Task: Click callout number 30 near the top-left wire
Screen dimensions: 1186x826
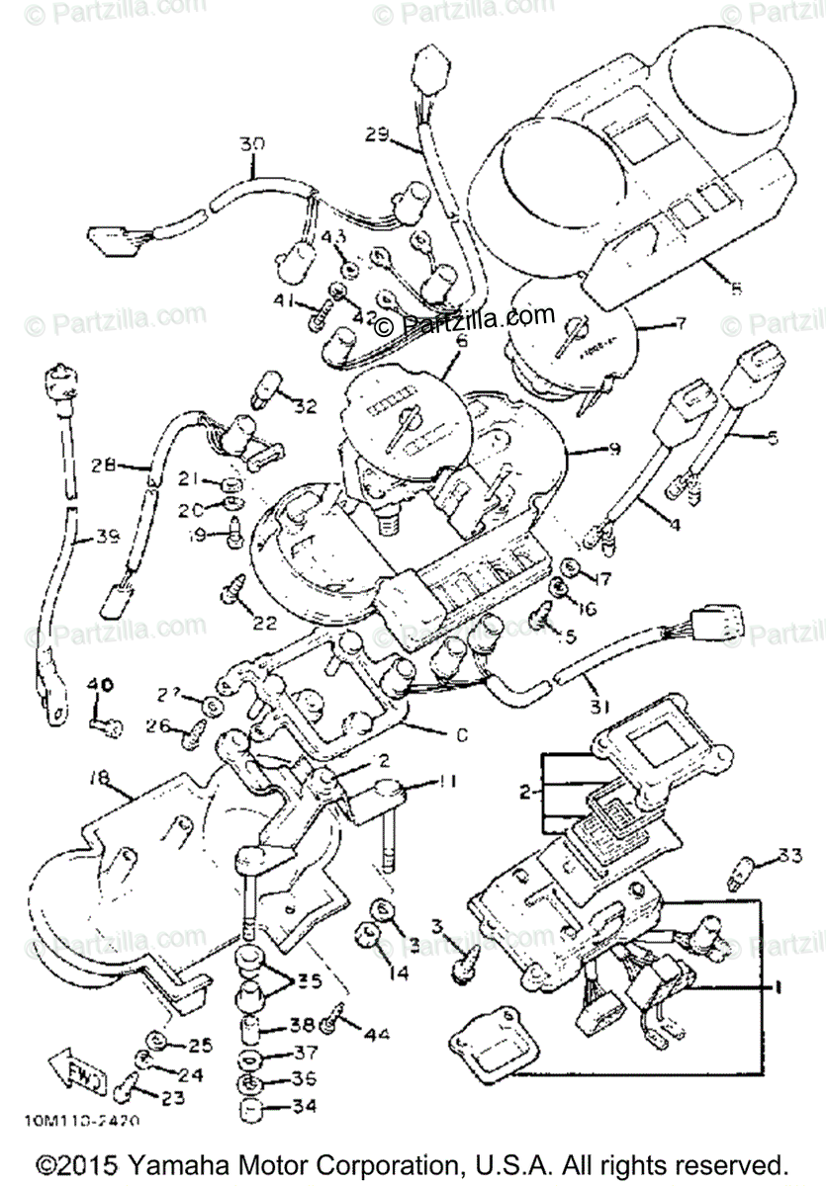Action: pos(252,143)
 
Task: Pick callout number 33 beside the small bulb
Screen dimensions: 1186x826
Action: pos(788,854)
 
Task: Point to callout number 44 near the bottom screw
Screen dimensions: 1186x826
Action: pos(377,1036)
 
